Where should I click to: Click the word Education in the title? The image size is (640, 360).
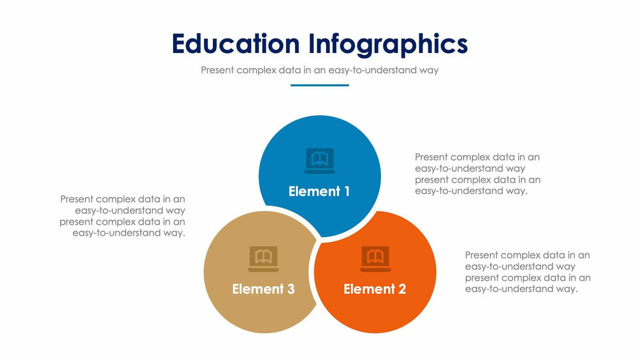(236, 43)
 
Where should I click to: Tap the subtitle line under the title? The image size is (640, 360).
(319, 70)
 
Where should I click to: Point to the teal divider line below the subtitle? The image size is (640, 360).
(319, 86)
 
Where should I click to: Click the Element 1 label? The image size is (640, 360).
(319, 191)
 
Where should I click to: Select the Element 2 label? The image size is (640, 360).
(375, 289)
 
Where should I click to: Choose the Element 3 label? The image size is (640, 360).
(263, 289)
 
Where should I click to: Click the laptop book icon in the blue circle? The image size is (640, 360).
(320, 161)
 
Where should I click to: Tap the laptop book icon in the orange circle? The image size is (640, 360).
(376, 259)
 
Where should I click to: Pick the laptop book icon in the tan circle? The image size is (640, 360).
(264, 259)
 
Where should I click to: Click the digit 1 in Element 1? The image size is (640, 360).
(347, 191)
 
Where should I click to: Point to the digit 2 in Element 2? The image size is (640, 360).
(402, 289)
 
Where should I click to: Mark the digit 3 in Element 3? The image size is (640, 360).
(291, 289)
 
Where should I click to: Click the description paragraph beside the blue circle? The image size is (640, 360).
(477, 174)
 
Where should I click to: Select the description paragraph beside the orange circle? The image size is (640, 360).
(528, 272)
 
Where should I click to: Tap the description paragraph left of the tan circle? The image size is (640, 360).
(123, 216)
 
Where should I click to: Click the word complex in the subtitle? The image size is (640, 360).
(256, 70)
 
